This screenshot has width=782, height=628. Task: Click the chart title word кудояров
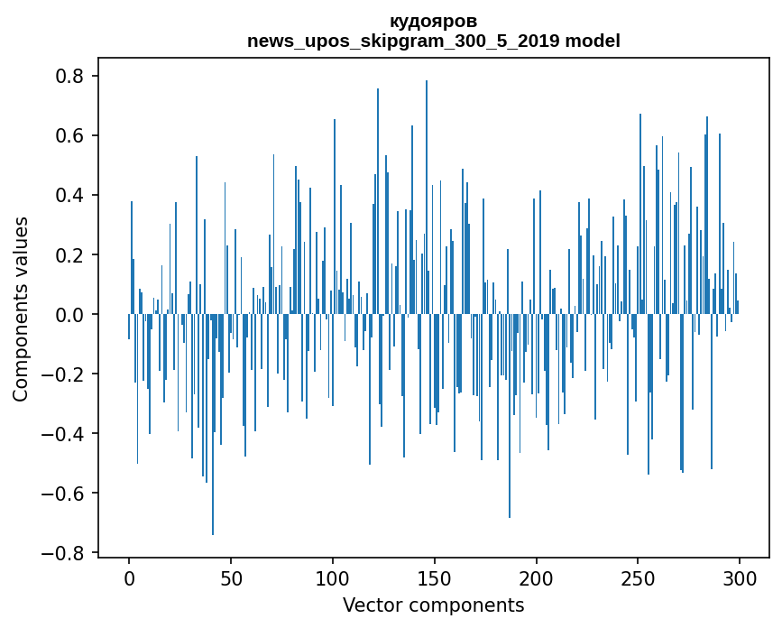tap(433, 21)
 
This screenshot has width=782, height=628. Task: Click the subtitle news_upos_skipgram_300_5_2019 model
tap(433, 41)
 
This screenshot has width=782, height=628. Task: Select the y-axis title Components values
tap(21, 309)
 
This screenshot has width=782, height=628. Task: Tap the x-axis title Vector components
tap(433, 605)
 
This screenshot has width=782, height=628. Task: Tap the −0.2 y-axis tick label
tap(65, 374)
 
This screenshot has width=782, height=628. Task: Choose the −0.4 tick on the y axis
tap(65, 434)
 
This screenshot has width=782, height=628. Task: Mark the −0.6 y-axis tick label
tap(65, 494)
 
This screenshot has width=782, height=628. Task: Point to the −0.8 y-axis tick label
tap(65, 553)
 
